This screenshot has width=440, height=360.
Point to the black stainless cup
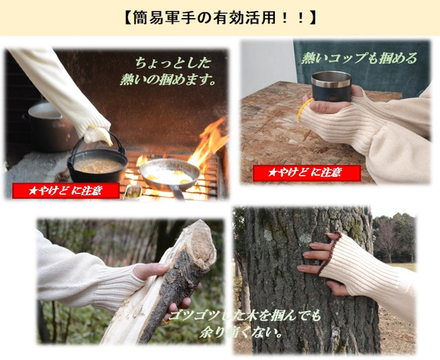(331, 86)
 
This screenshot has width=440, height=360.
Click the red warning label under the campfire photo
(66, 191)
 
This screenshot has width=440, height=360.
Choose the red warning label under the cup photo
(307, 173)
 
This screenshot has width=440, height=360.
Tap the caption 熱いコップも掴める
(360, 58)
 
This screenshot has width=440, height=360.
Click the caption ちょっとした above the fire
(173, 63)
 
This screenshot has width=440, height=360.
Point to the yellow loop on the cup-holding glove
(304, 109)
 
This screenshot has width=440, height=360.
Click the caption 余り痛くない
(241, 333)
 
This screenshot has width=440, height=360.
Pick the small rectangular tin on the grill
(133, 192)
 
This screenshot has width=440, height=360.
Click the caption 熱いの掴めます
(168, 80)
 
